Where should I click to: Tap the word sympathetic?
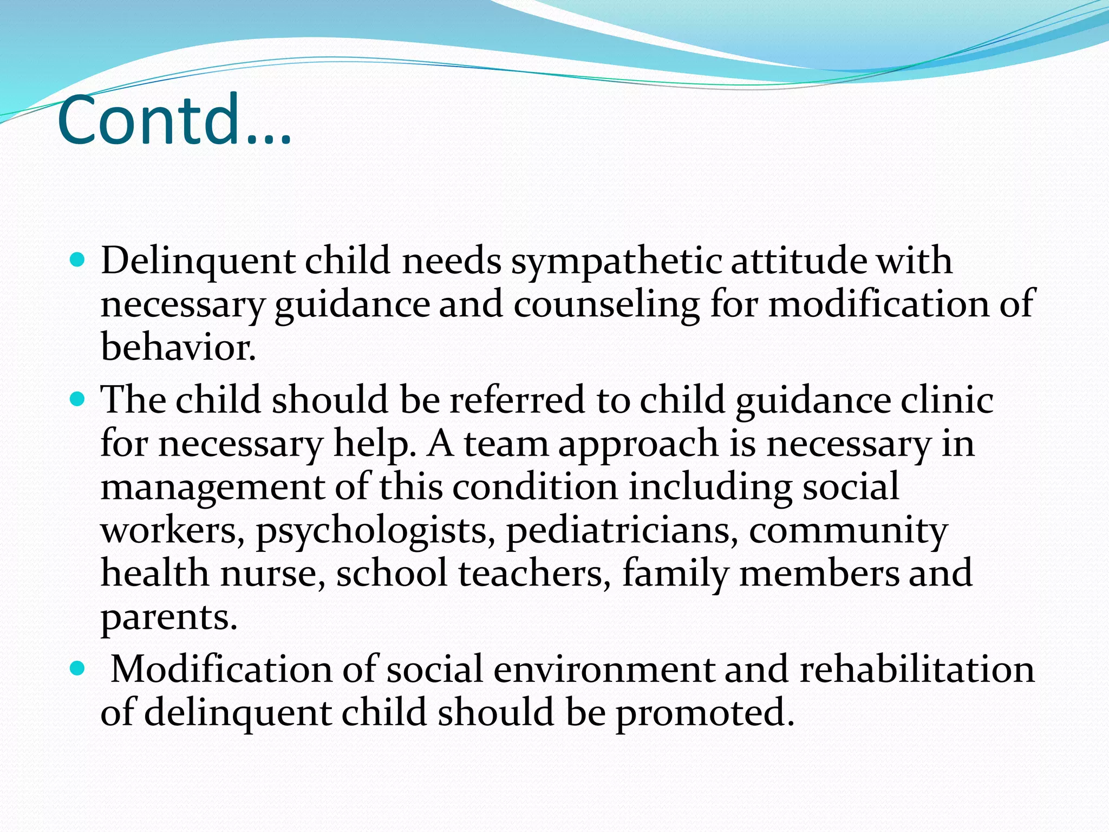coord(616,262)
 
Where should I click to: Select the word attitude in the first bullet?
coord(799,261)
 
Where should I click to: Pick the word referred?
coord(517,400)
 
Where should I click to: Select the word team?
coord(506,444)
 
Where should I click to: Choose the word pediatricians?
coord(622,530)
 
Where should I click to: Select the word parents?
coord(169,618)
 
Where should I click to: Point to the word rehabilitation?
coord(917,669)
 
